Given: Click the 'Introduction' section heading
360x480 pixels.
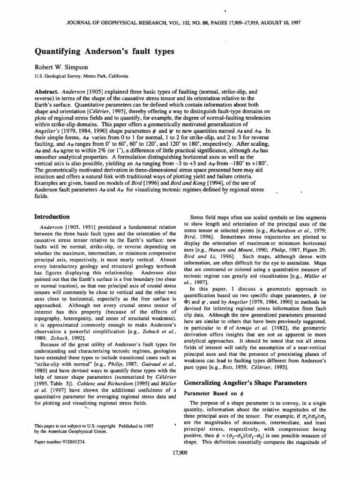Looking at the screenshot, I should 55,217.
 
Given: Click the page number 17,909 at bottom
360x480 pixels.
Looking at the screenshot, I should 180,453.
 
